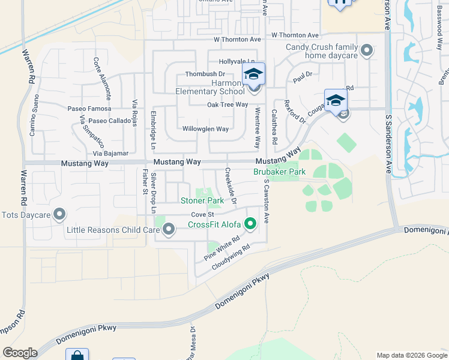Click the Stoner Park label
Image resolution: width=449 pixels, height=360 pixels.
[x=202, y=200]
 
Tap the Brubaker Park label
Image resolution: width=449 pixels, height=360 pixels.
[x=279, y=172]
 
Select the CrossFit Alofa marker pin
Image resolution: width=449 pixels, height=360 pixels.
[x=251, y=224]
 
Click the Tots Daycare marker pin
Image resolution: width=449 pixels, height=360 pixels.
[x=59, y=214]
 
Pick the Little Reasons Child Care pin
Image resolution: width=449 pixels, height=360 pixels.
[x=169, y=229]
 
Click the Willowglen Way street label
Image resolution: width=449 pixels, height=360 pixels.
[x=205, y=129]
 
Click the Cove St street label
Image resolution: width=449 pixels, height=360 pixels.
[x=202, y=214]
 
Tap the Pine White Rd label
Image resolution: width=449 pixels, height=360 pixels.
[x=221, y=247]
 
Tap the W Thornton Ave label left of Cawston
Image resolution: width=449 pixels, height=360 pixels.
[x=238, y=39]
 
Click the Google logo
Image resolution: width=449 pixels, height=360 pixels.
[x=20, y=353]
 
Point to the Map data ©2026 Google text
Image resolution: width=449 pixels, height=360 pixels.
[x=411, y=355]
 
